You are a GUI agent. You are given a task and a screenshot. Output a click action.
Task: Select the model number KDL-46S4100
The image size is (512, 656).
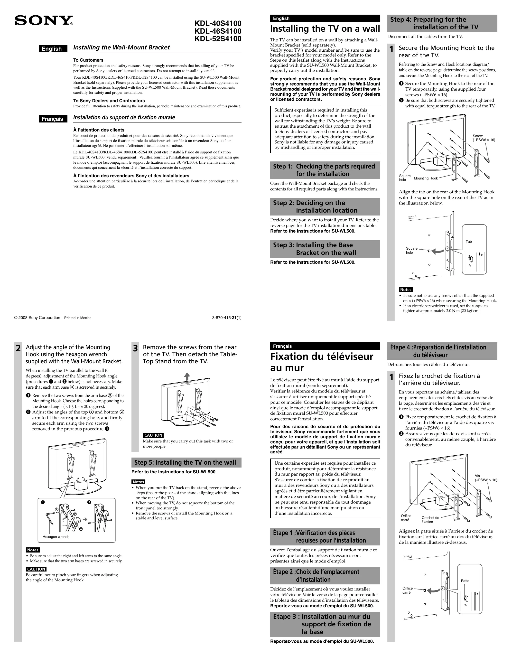(218, 31)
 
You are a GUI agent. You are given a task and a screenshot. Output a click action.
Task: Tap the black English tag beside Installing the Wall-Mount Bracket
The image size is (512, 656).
(53, 49)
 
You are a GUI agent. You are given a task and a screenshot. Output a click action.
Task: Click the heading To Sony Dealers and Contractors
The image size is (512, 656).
(109, 101)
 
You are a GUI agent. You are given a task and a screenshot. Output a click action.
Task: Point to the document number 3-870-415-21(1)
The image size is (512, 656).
(226, 318)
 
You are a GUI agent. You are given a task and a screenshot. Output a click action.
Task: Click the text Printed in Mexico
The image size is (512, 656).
(78, 318)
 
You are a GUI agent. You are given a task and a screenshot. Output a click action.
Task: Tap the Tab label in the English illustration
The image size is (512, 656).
(468, 242)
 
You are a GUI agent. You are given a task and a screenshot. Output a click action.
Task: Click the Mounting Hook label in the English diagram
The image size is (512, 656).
(426, 178)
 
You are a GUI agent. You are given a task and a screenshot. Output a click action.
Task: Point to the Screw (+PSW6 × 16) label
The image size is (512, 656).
(484, 138)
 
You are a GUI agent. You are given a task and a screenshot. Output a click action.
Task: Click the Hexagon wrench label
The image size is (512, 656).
(56, 537)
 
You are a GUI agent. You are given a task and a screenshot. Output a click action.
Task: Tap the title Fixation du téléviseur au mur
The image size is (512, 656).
(321, 362)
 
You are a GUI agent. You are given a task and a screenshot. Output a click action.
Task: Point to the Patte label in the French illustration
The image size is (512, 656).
(465, 581)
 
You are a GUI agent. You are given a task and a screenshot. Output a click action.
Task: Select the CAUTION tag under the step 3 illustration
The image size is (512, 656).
(153, 435)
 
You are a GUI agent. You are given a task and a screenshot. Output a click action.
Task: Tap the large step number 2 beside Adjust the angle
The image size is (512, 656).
(18, 348)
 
